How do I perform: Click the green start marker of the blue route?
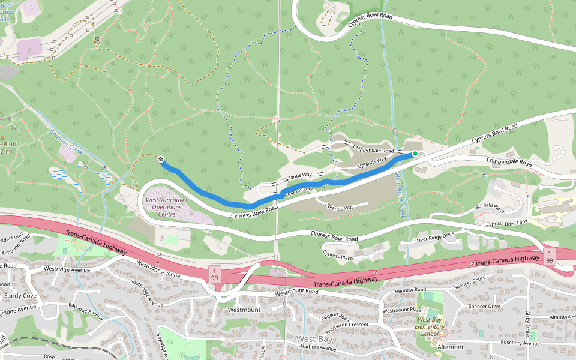[415, 154]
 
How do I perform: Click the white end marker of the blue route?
[161, 159]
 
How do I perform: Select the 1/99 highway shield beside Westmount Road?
[214, 274]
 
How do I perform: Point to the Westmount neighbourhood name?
[244, 310]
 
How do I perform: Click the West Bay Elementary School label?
[430, 326]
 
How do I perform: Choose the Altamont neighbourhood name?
[451, 347]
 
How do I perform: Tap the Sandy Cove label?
[21, 296]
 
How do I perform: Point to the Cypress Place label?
[338, 255]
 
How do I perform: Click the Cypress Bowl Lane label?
[508, 224]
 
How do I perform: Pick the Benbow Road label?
[410, 290]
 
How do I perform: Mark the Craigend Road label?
[334, 316]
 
